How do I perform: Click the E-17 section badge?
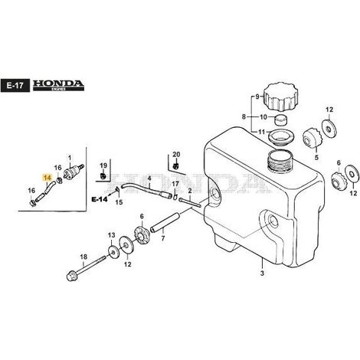15,86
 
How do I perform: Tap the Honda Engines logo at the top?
58,86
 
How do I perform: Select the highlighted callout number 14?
47,178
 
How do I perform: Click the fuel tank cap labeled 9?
281,97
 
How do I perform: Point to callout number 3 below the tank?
262,273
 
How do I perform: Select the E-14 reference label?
100,199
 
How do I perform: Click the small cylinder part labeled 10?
281,119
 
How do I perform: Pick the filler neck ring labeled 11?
280,137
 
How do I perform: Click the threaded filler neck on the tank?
280,159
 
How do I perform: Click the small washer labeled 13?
112,251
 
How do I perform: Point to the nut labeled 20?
175,166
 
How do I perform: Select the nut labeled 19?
103,176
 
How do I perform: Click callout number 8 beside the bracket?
244,117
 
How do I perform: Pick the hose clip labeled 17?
175,197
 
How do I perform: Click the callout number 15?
119,202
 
